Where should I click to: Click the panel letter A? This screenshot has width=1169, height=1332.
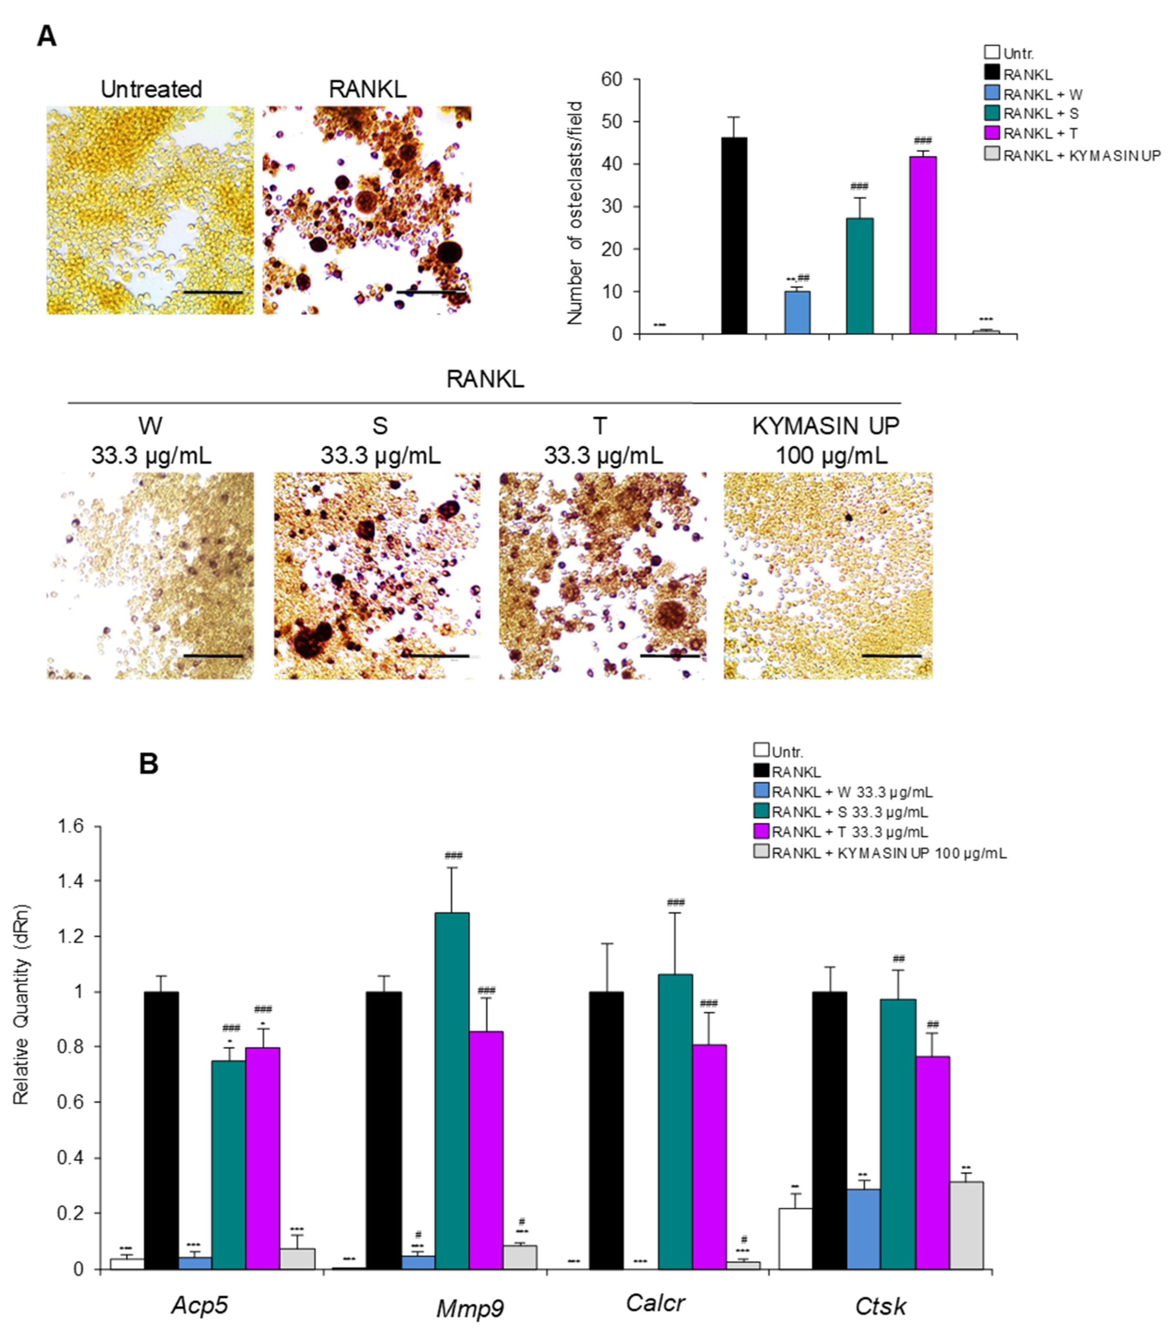tap(46, 36)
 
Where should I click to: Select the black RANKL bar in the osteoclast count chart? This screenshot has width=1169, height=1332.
tap(734, 236)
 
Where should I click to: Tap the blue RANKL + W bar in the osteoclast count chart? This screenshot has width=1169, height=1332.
tap(797, 313)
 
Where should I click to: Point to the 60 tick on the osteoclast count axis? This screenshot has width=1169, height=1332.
tap(612, 80)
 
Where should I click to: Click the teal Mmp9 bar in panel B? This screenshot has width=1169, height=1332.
tap(452, 1091)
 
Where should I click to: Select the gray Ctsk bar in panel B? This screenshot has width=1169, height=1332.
tap(966, 1225)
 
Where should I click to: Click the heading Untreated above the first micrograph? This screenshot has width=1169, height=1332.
tap(151, 89)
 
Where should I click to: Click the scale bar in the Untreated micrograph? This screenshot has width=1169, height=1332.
tap(212, 292)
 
